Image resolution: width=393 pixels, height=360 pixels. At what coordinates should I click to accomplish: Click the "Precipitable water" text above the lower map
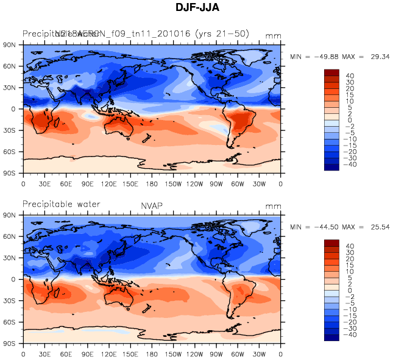tap(61, 204)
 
